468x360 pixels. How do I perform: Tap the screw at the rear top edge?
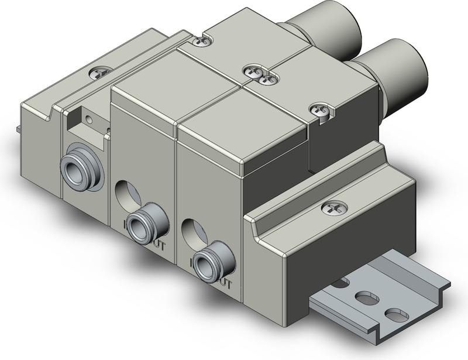[202, 41]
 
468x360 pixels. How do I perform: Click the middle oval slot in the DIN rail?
[367, 296]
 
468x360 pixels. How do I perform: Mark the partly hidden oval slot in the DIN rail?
[338, 284]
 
